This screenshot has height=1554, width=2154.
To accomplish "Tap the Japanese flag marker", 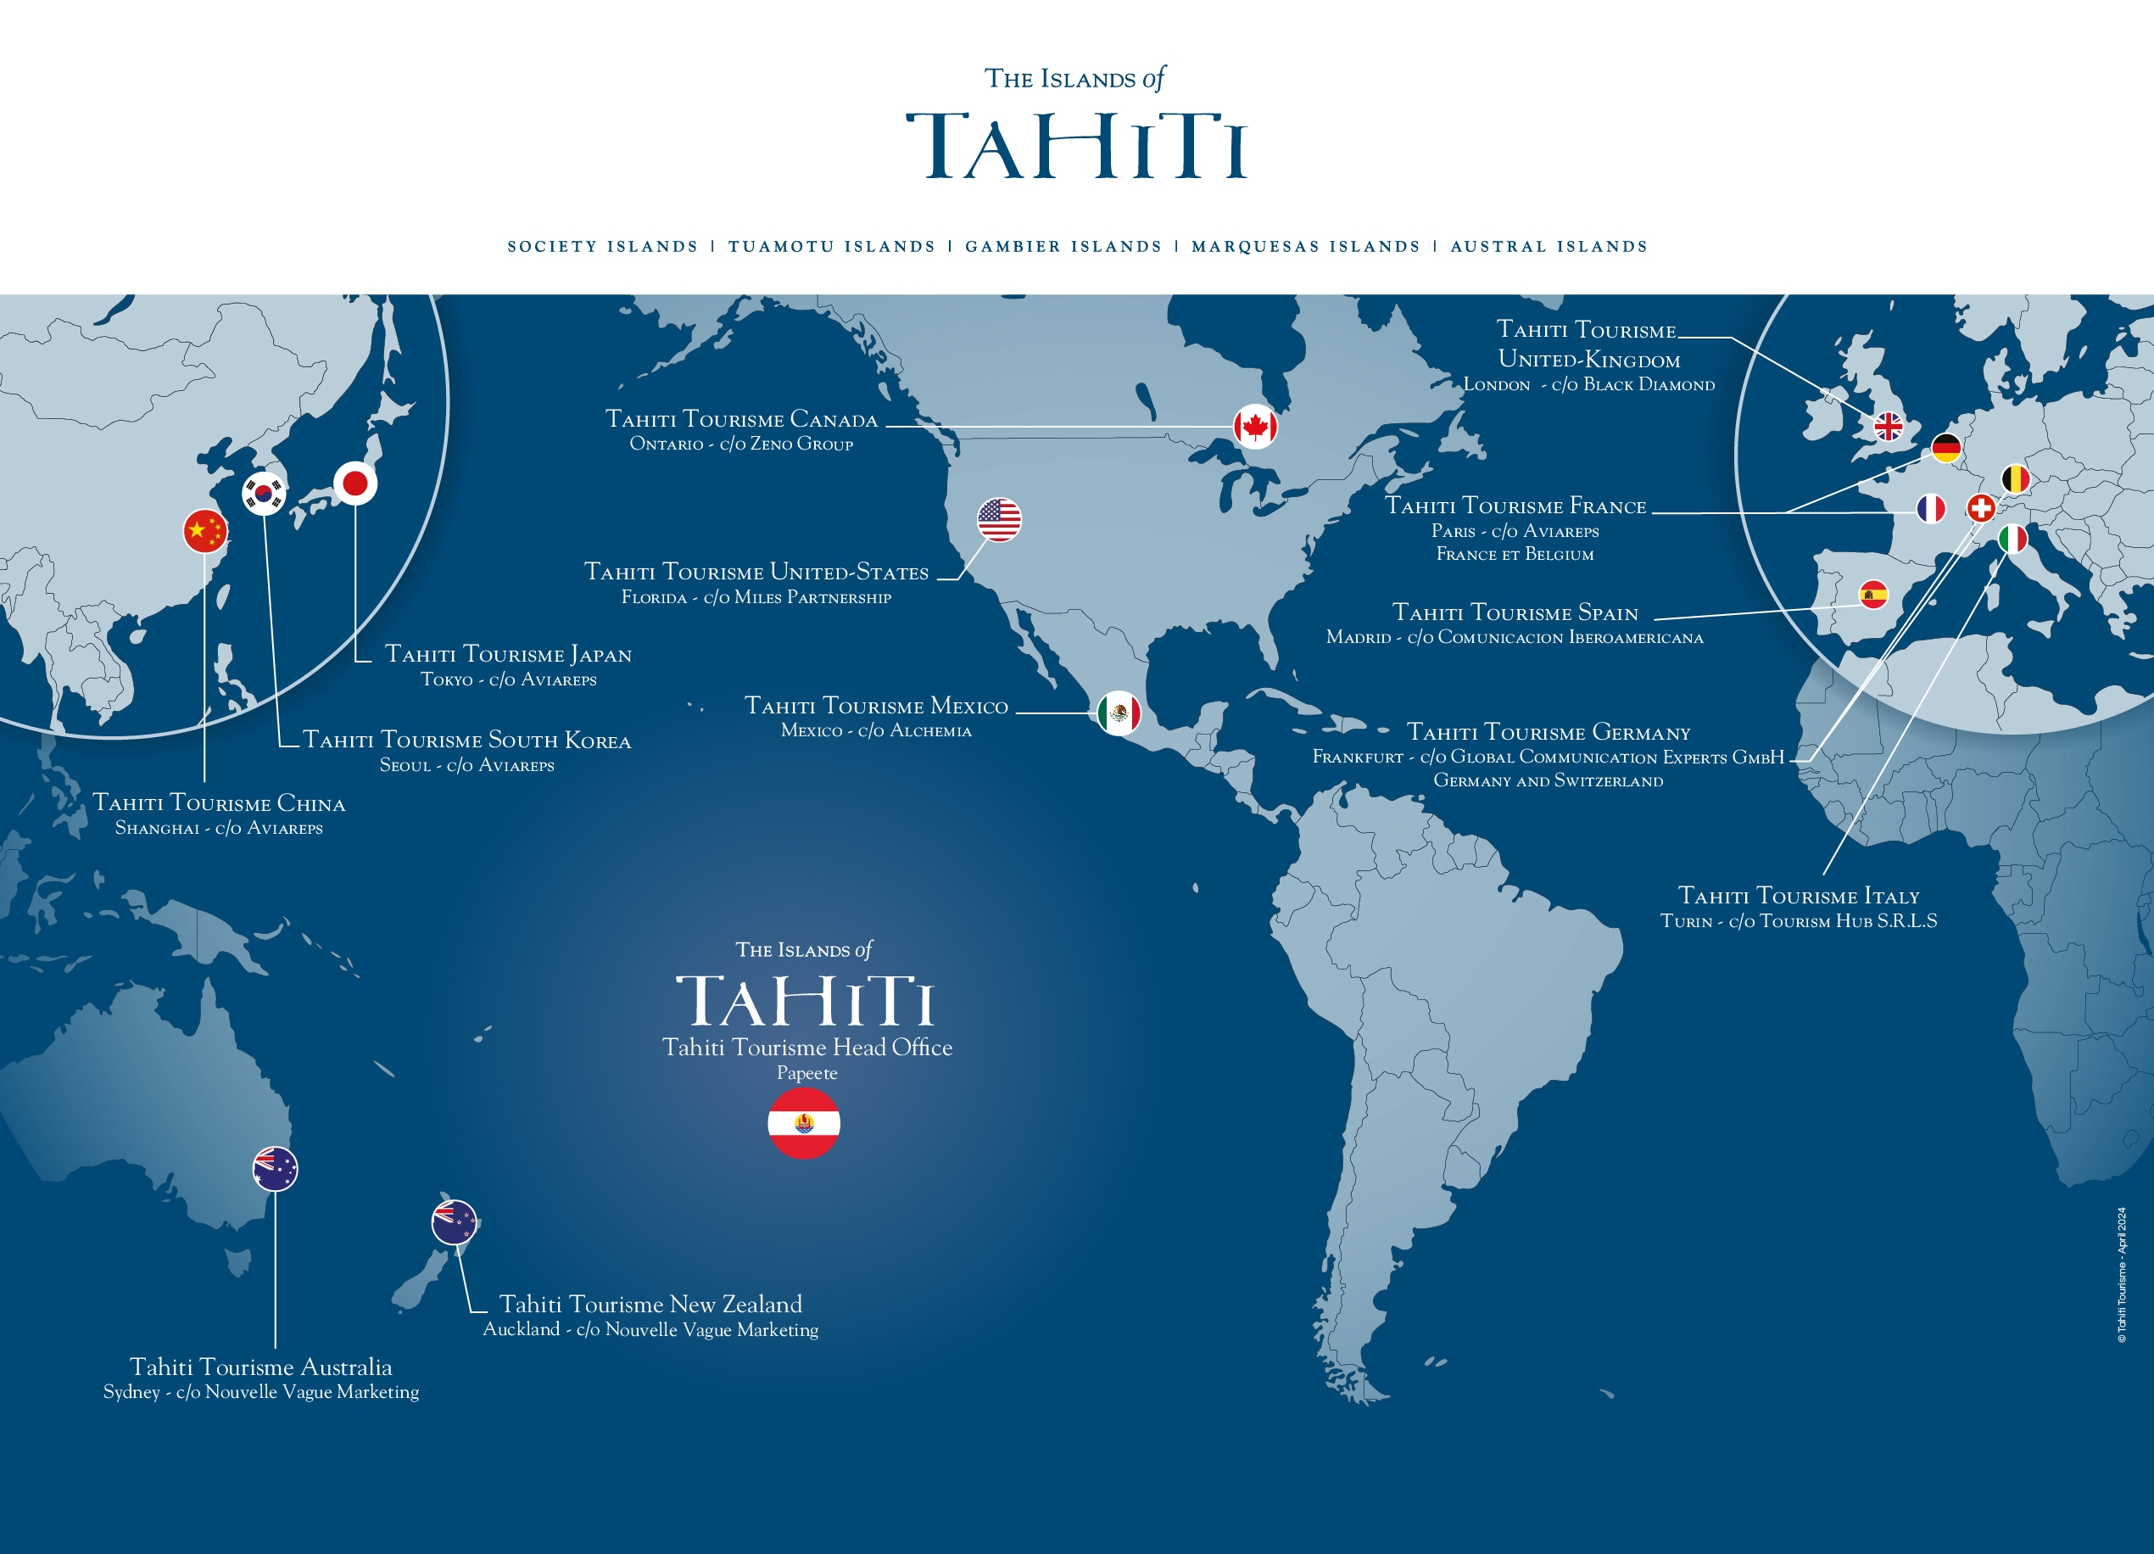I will [x=355, y=484].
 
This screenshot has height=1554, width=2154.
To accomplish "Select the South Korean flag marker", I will [x=264, y=493].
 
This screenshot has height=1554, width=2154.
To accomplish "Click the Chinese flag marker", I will [x=205, y=531].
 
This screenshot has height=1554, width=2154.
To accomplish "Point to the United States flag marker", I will [x=999, y=520].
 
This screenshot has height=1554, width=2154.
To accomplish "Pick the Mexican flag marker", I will [x=1119, y=713].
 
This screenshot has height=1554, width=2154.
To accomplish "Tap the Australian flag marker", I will [x=276, y=1168].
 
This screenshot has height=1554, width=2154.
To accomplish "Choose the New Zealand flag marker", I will [x=454, y=1221].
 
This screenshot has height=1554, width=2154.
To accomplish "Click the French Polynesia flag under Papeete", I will [x=803, y=1123].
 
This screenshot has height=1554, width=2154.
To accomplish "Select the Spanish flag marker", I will [x=1874, y=595].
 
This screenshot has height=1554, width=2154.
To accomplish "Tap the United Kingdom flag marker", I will [x=1888, y=427].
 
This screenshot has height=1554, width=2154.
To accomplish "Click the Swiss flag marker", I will [x=1981, y=508].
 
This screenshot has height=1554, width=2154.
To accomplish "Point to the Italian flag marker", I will [x=2012, y=539].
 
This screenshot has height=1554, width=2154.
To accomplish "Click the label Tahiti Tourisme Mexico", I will [x=876, y=706].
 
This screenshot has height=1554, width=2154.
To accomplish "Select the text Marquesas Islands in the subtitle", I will [x=1306, y=247].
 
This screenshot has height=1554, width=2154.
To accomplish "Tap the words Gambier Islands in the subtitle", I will [x=1063, y=247].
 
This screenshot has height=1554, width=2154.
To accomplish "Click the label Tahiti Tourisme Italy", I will [x=1798, y=896].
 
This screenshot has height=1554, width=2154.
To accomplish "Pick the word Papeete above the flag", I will [x=806, y=1072].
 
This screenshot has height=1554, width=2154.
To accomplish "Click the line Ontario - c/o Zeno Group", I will [x=741, y=444].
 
